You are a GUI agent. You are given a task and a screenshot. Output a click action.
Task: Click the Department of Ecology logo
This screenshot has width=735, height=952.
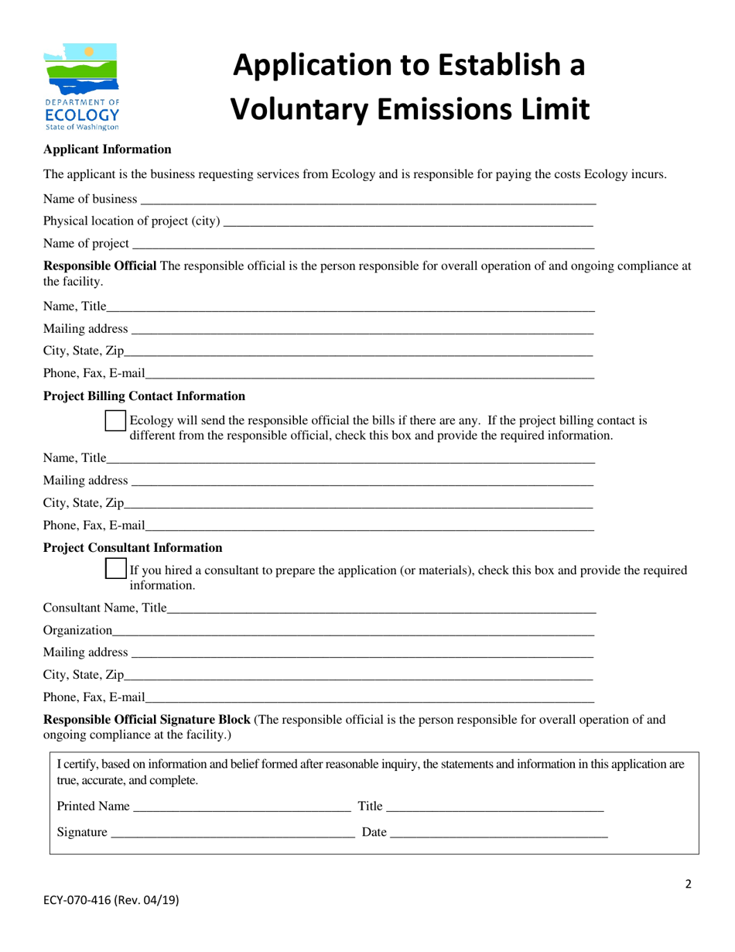(x=81, y=86)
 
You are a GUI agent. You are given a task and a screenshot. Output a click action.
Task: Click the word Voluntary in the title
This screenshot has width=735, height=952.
(x=308, y=109)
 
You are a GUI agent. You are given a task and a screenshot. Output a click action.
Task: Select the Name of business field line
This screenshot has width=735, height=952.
(x=367, y=199)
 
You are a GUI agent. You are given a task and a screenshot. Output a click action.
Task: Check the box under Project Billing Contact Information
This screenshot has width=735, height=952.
(x=115, y=420)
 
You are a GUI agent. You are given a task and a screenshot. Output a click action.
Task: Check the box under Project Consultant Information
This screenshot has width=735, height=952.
(x=115, y=569)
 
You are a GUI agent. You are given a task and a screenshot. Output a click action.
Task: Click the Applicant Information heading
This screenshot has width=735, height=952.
(x=107, y=149)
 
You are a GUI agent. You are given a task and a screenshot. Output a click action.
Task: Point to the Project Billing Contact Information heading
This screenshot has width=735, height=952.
(x=144, y=396)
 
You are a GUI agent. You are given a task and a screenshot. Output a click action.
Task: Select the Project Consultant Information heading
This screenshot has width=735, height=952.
(x=132, y=547)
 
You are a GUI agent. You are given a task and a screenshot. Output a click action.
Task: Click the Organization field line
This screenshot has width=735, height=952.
(x=353, y=631)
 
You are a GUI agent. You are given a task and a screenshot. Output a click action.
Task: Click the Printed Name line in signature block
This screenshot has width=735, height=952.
(x=241, y=806)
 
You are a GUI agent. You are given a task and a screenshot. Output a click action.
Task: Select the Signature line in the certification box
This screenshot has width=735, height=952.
(x=232, y=832)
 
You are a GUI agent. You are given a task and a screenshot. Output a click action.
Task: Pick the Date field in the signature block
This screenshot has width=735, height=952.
(x=498, y=832)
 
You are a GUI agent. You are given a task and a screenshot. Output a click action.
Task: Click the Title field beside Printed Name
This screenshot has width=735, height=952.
(x=494, y=806)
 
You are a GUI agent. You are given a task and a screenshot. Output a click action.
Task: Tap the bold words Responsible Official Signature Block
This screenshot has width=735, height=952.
(x=146, y=719)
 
